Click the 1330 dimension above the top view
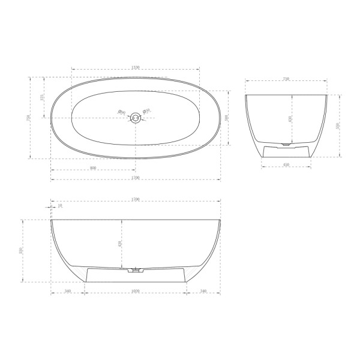(x=136, y=67)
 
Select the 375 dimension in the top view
(x=42, y=97)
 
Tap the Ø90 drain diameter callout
(x=121, y=112)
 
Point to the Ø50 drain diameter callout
(x=147, y=110)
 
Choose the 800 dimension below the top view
(x=93, y=168)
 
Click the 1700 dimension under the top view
(x=136, y=178)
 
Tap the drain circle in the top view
(x=136, y=118)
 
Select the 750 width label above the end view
(x=286, y=79)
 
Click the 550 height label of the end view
(x=338, y=125)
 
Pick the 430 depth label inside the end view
(x=290, y=119)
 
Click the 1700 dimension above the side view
(x=136, y=200)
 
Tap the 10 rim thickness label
(x=60, y=206)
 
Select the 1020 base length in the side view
(x=136, y=292)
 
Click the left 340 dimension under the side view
(x=67, y=292)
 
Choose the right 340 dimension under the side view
(x=204, y=292)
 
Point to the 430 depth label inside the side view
(x=120, y=244)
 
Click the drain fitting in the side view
(x=136, y=270)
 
